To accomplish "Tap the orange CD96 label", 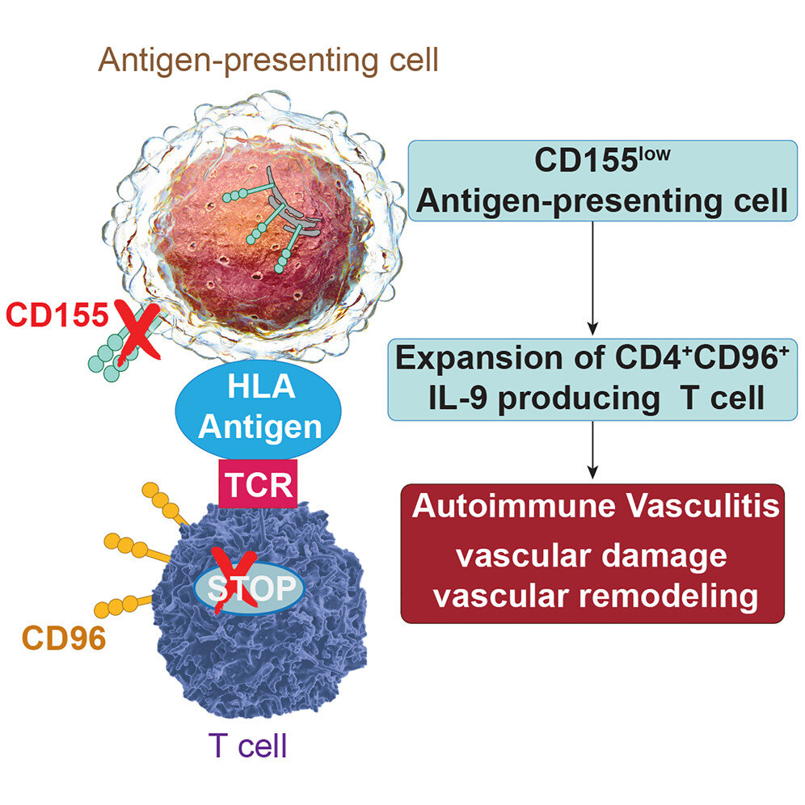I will pyautogui.click(x=64, y=638).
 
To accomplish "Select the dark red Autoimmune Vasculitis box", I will pyautogui.click(x=592, y=553).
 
